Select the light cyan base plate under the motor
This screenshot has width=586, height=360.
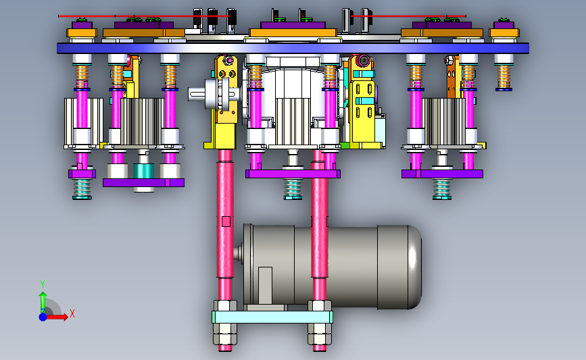[x=272, y=317]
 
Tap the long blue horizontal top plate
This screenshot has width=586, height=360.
[x=293, y=49]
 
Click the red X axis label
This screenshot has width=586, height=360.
[x=72, y=313]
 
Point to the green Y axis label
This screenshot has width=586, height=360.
[x=43, y=284]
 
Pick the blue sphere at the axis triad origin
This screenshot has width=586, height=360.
[x=43, y=317]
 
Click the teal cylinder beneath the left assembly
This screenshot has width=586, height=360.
[x=143, y=171]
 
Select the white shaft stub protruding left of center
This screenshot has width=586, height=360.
[x=198, y=94]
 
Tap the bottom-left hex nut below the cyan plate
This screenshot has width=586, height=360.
[x=225, y=334]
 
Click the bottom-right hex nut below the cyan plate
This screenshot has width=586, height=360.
[x=320, y=334]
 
